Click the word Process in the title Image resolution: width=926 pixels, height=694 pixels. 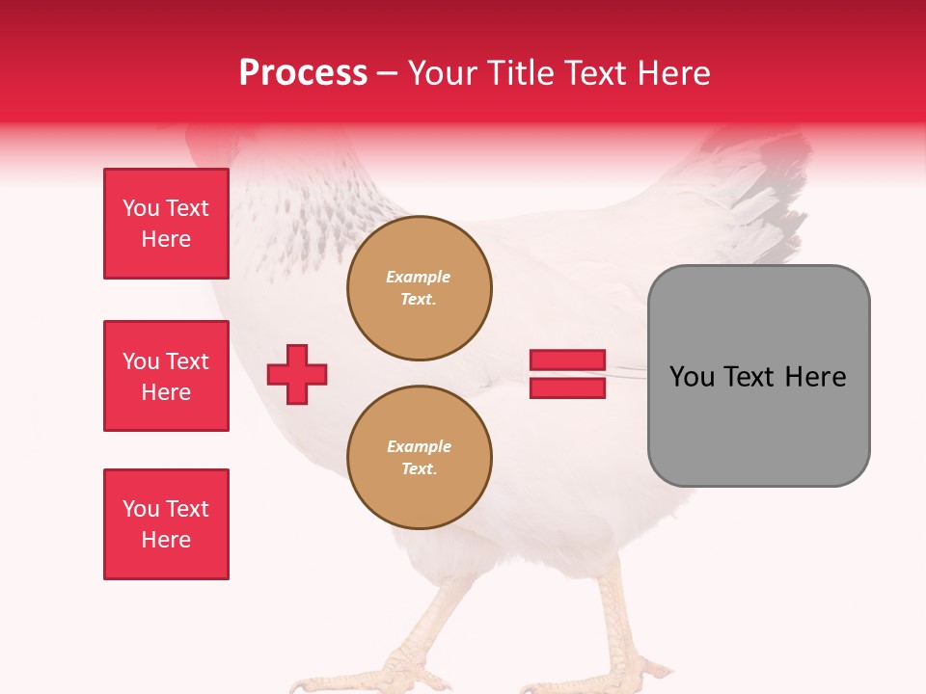click(x=303, y=73)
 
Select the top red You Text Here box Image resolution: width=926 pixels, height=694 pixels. click(x=166, y=224)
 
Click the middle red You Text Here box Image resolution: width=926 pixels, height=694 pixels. click(x=166, y=376)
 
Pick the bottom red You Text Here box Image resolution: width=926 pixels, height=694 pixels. click(x=166, y=524)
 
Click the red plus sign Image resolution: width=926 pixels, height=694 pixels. click(x=297, y=374)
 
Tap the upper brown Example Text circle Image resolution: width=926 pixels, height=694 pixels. click(x=419, y=288)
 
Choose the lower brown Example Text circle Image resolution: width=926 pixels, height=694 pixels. click(x=419, y=458)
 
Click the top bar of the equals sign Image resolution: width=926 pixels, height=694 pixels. click(x=567, y=360)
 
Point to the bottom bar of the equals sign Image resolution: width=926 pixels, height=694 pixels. click(x=567, y=387)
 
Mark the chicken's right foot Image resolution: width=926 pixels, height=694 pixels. click(x=617, y=670)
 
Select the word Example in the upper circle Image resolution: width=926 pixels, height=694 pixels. click(x=419, y=278)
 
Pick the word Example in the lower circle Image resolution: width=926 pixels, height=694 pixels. click(x=419, y=447)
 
